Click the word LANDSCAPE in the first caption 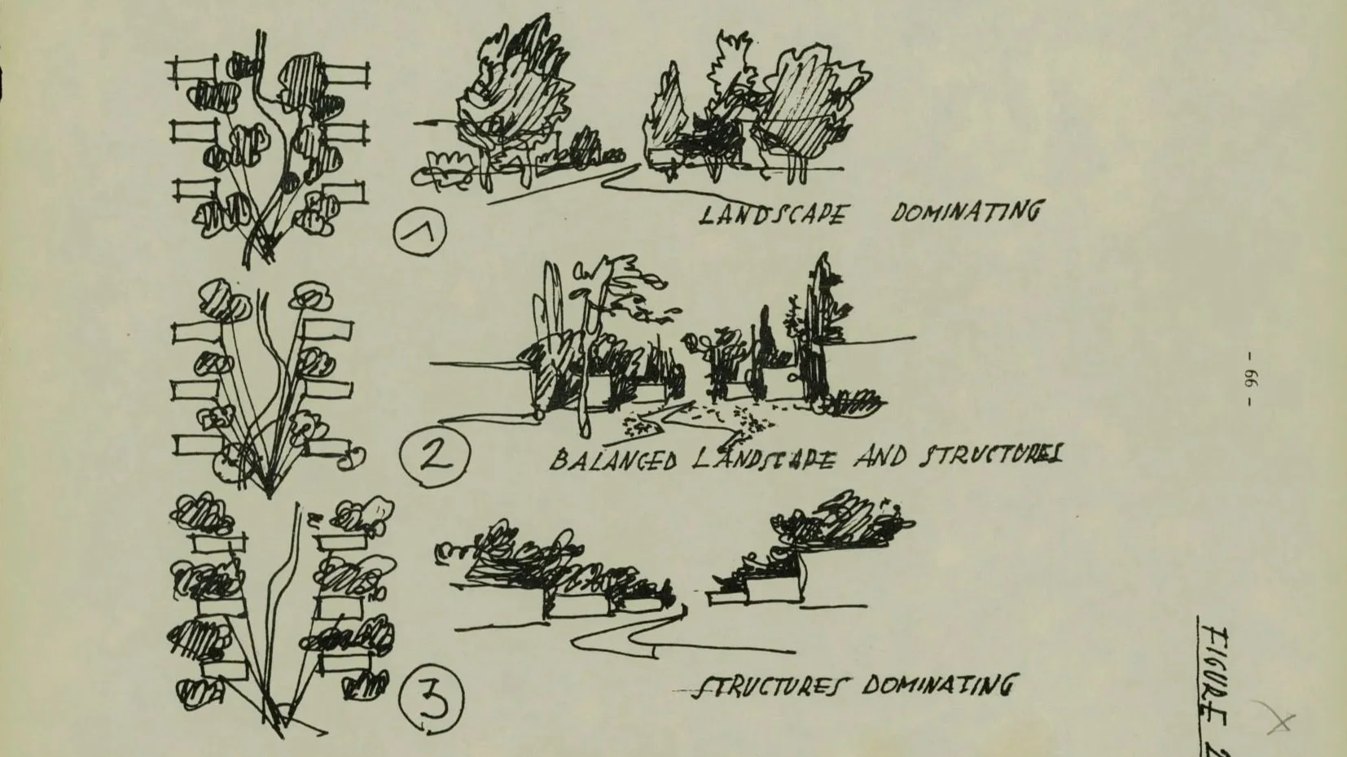click(x=772, y=215)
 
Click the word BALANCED click(x=613, y=462)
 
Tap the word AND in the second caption click(x=880, y=457)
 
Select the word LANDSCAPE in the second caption click(x=763, y=460)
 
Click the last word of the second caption click(x=990, y=456)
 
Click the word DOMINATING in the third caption click(x=937, y=685)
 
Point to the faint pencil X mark click(x=1277, y=719)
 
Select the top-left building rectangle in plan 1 click(x=193, y=71)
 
